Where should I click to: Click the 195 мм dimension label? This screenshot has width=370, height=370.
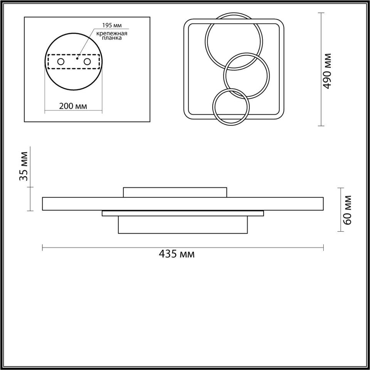112,25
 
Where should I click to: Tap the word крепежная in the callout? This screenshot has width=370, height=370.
112,33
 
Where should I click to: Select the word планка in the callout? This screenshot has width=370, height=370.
112,38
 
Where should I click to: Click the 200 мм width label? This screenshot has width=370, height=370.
73,106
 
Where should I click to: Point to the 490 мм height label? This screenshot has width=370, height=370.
327,71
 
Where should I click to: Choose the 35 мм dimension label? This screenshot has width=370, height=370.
24,166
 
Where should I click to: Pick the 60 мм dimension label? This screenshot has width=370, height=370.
347,210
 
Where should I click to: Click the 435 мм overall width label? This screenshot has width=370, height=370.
177,254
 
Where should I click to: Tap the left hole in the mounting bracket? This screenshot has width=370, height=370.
61,62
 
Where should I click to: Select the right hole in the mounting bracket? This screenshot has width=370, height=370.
87,62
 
